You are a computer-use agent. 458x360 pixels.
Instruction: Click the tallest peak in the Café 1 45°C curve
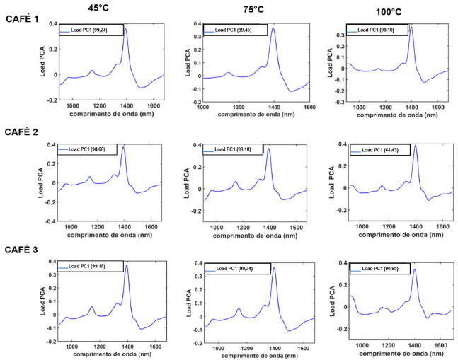[125, 29]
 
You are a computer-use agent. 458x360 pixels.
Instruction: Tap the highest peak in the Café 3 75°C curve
[274, 269]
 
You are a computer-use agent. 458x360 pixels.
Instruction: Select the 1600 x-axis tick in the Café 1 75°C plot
[309, 108]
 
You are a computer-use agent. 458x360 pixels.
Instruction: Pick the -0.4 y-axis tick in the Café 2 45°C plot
[50, 221]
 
